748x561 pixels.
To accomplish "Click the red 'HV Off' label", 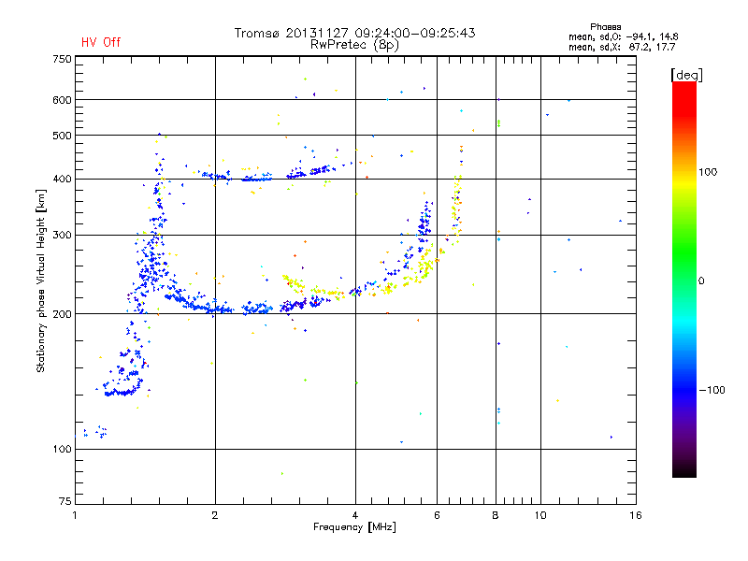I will (101, 42).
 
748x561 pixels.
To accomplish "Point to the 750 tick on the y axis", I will (62, 59).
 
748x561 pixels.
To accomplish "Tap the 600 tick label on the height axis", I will (62, 100).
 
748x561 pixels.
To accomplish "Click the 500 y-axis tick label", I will (62, 136).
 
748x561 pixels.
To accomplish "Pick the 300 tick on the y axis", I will (62, 235).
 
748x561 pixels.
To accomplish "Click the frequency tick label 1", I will (75, 515).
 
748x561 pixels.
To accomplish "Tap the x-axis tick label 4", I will (355, 515).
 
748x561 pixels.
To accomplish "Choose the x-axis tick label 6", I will (437, 515).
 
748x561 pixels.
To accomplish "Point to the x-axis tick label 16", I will (635, 515).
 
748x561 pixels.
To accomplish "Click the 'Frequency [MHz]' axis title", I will (354, 527).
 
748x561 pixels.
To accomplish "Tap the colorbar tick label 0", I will (701, 280).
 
